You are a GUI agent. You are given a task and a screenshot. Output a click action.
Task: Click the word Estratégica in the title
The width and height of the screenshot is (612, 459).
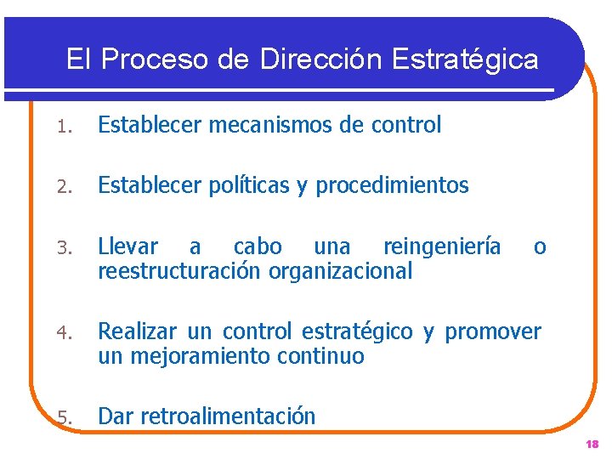click(x=466, y=59)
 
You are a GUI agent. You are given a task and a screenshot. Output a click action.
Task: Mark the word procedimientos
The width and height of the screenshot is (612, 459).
click(x=393, y=185)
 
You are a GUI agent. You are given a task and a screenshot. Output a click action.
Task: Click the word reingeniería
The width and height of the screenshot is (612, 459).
click(x=442, y=247)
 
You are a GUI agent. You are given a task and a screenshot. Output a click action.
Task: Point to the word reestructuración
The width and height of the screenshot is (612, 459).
click(x=181, y=271)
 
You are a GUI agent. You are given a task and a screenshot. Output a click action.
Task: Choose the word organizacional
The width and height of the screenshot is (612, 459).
click(x=341, y=271)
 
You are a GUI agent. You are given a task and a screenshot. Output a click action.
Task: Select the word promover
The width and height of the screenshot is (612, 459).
click(x=493, y=331)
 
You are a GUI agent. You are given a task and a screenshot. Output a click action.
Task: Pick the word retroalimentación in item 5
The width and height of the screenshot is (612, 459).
click(x=228, y=416)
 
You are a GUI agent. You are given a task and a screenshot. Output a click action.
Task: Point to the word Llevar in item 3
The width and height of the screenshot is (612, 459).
click(x=128, y=247)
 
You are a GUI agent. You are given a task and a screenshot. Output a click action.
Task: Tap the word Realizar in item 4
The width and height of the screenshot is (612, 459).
click(x=136, y=331)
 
